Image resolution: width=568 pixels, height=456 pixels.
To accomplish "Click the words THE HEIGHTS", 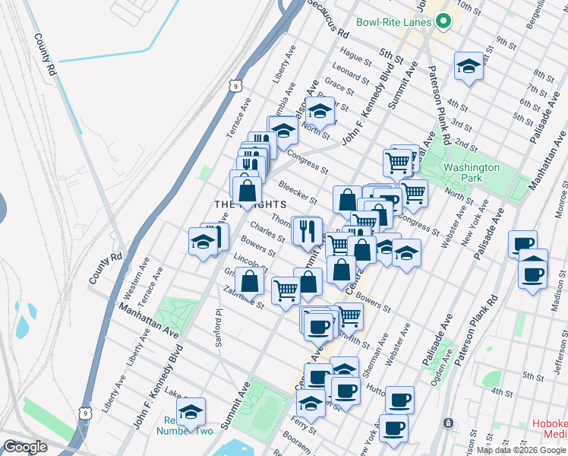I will [x=250, y=204].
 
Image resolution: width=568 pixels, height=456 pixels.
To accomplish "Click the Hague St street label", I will [x=355, y=55].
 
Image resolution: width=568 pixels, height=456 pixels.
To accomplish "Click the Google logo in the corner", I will [x=25, y=447].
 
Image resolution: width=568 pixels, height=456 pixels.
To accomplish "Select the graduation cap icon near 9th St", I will [x=469, y=66].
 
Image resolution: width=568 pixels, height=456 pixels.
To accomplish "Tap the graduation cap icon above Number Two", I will [x=191, y=411].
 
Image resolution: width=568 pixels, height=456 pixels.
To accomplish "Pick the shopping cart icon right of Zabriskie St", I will [x=286, y=290].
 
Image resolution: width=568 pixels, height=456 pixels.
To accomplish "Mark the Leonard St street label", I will [x=350, y=72].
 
